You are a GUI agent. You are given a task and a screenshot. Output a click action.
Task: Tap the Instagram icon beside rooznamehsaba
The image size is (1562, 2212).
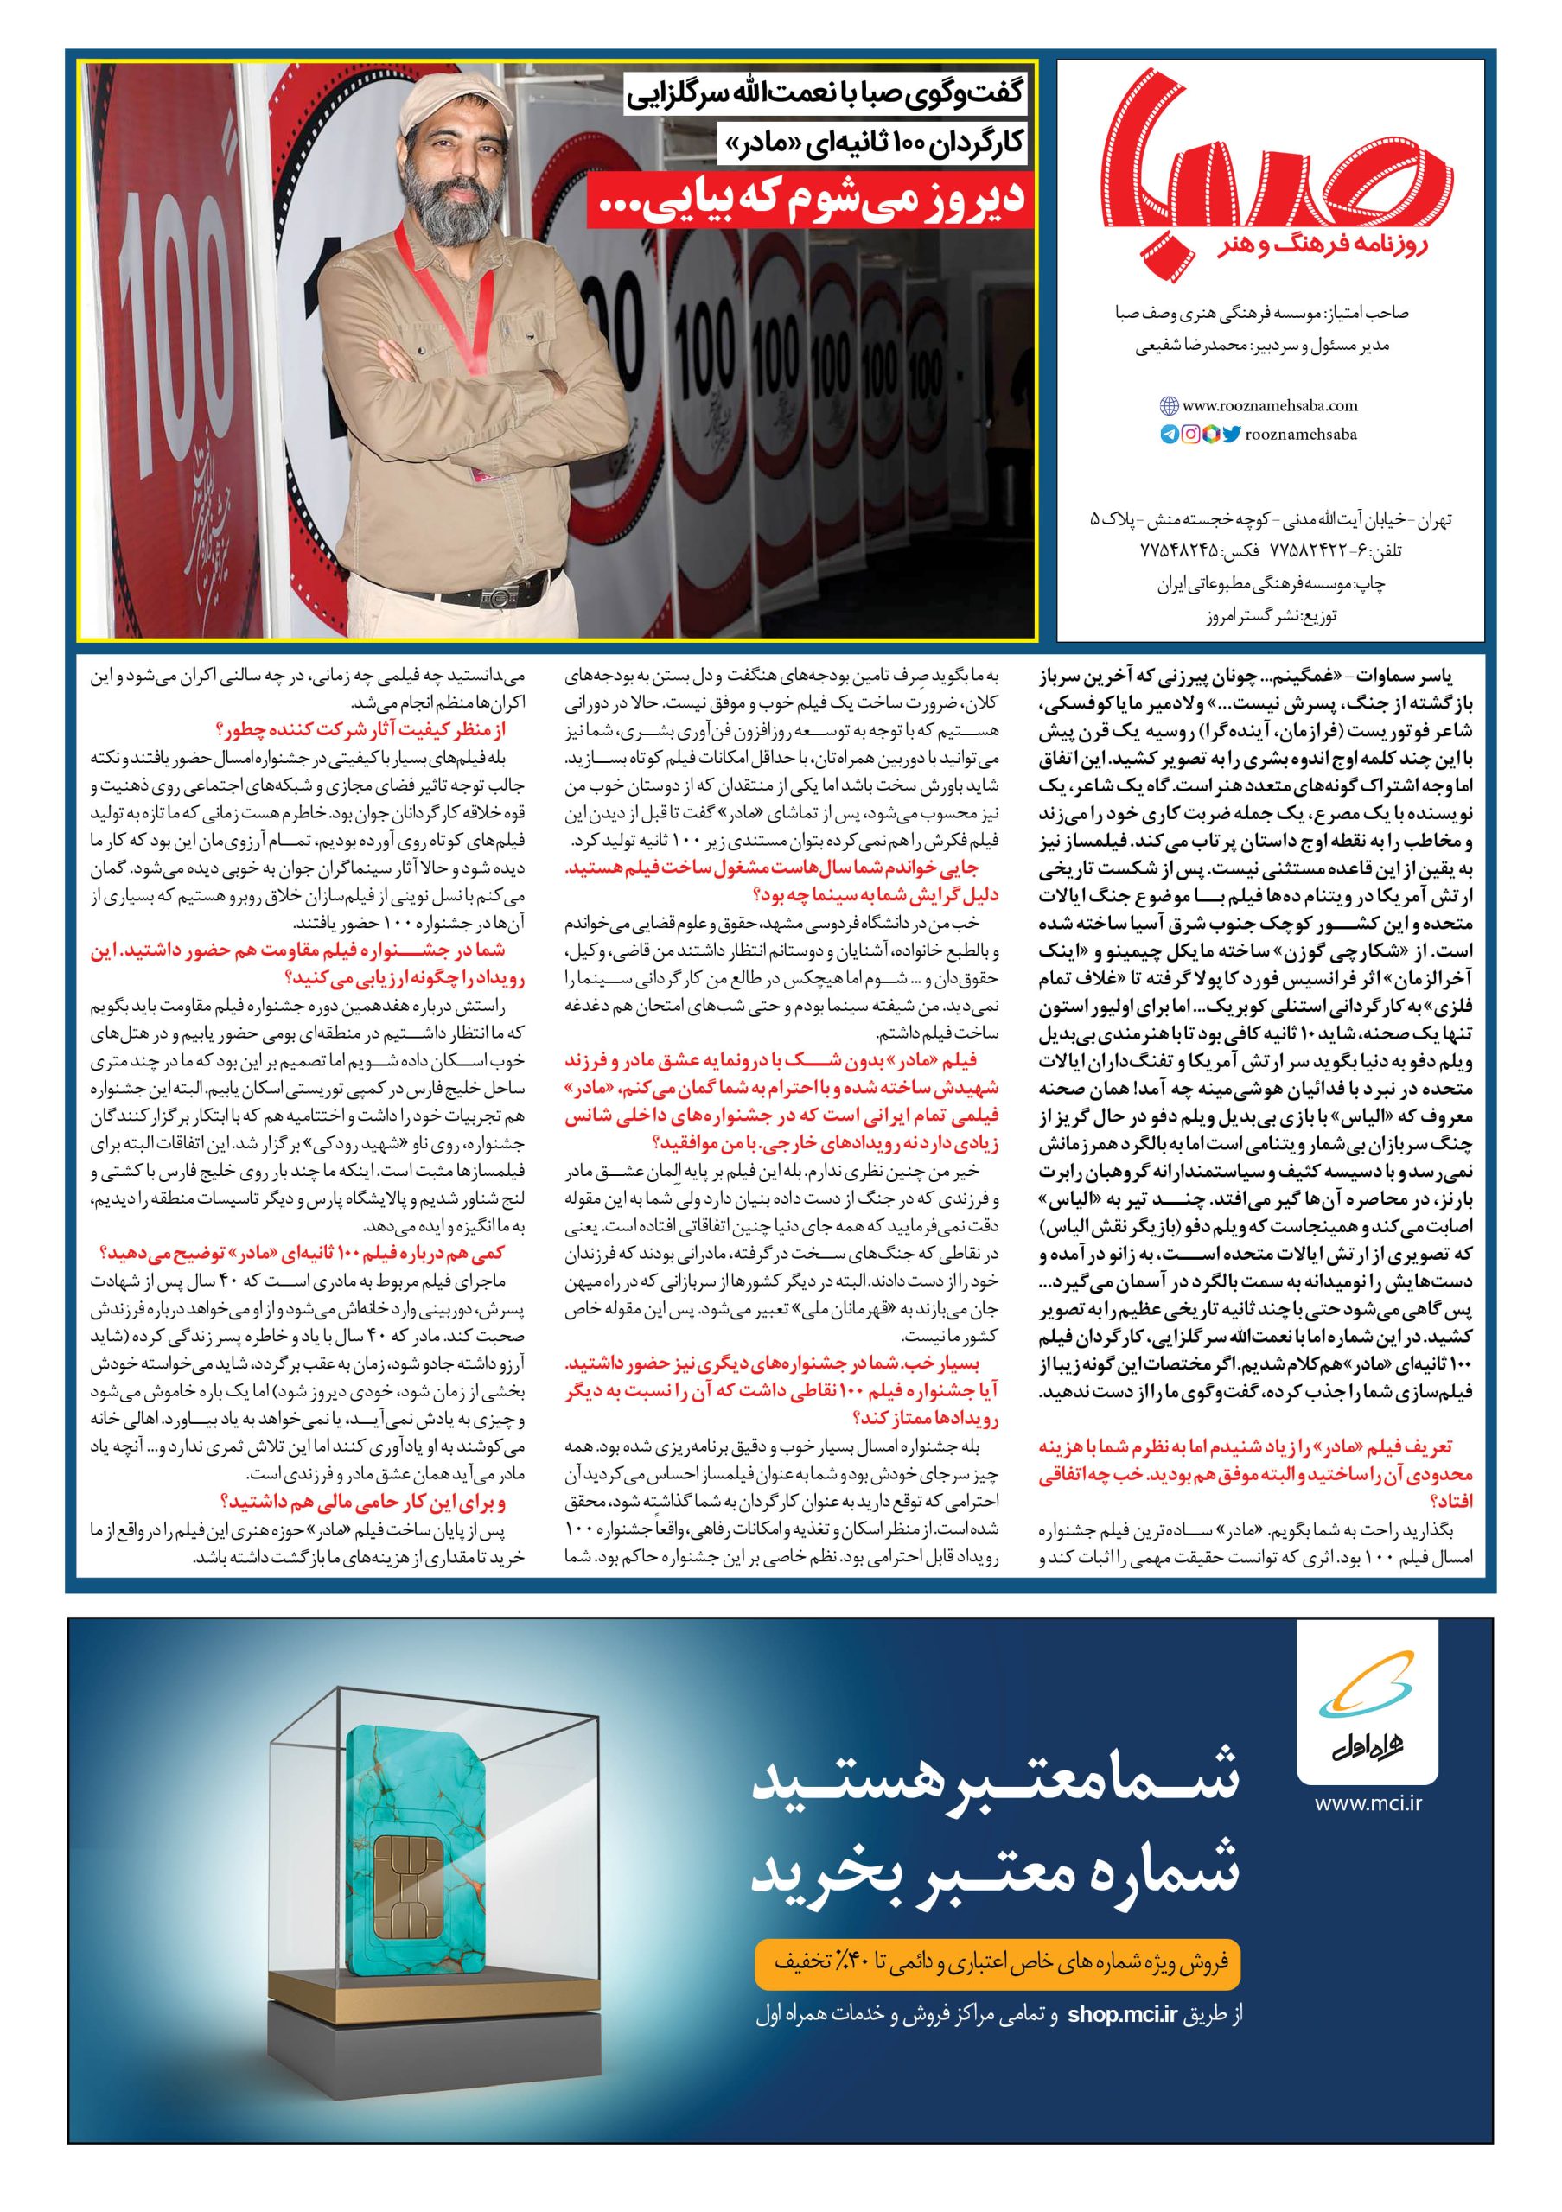[1190, 435]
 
